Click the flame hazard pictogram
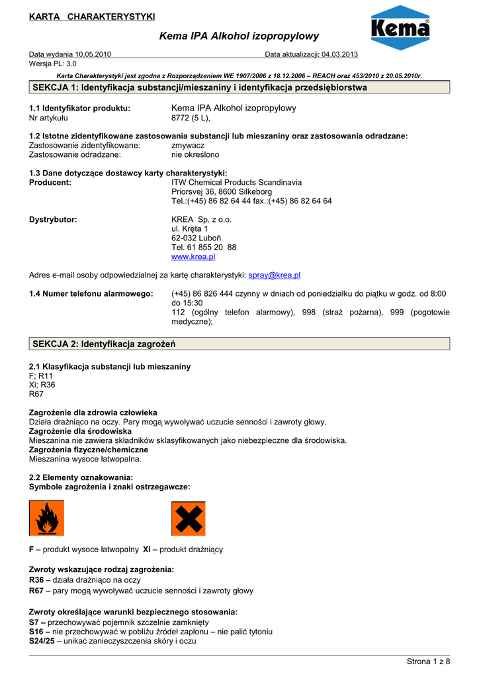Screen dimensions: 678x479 point(46,518)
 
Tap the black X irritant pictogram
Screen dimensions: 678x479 point(188,518)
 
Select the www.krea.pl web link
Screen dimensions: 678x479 point(193,256)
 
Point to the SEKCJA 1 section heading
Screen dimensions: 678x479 point(200,87)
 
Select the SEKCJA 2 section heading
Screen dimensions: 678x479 point(104,344)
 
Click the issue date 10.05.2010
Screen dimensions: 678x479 point(93,54)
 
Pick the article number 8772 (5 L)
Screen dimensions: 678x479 point(191,118)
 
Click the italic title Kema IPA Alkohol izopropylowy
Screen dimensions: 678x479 point(239,36)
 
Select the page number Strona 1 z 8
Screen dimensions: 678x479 point(427,661)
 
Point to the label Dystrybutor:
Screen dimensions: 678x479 point(53,219)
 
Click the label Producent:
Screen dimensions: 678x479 point(50,182)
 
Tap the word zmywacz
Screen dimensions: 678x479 point(188,145)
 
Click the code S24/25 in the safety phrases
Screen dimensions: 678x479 point(42,641)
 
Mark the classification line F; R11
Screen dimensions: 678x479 point(41,375)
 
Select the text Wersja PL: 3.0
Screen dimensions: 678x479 point(53,64)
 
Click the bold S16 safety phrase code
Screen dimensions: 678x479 point(36,632)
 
